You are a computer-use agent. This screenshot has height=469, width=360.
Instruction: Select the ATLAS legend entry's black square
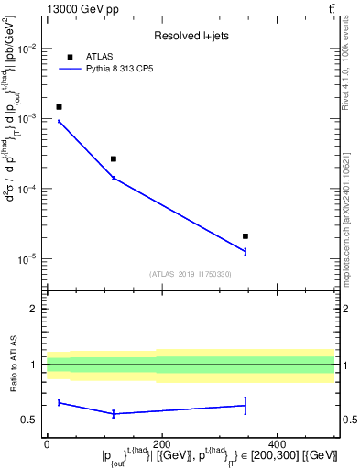(70, 57)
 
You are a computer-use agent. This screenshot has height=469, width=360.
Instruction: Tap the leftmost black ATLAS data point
(59, 107)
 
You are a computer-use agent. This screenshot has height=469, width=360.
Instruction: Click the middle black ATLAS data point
(114, 158)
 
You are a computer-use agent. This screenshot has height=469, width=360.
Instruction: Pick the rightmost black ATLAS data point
(245, 236)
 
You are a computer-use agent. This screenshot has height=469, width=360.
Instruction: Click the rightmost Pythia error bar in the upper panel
(245, 251)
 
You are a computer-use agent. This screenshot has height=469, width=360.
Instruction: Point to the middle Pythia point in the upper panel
(114, 178)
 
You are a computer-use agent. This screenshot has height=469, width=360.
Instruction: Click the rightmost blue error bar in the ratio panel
(245, 405)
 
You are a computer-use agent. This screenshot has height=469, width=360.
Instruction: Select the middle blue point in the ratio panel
(114, 414)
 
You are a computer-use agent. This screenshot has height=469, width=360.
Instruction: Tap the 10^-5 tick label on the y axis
(27, 259)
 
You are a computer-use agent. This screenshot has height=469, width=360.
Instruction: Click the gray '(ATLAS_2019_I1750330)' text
(190, 274)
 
